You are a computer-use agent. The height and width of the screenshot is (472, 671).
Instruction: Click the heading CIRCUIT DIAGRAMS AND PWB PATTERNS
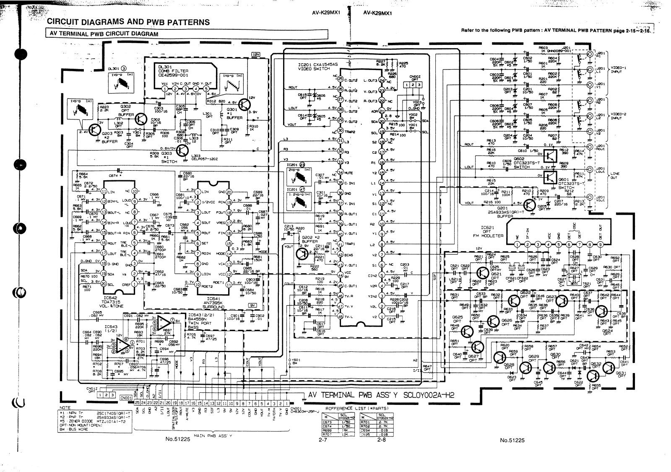point(128,22)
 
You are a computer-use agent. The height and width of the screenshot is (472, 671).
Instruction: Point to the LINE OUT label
point(616,176)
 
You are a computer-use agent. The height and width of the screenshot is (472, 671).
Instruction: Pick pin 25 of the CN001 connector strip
point(137,403)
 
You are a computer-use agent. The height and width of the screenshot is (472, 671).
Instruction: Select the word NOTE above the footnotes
point(65,407)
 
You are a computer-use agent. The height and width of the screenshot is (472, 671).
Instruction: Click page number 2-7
point(322,440)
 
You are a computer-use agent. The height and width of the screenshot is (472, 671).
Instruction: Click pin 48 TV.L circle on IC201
point(341,316)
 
